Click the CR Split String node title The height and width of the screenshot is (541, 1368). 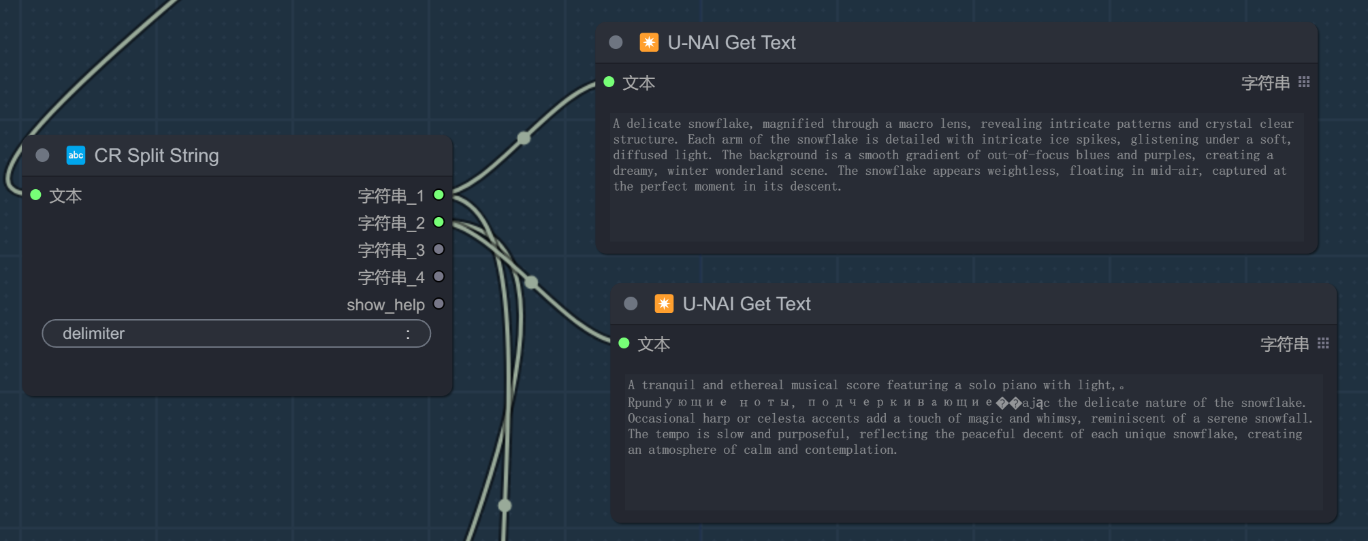click(x=157, y=156)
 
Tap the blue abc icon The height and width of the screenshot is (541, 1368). click(x=76, y=155)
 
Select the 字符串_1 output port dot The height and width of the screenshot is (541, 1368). click(x=439, y=195)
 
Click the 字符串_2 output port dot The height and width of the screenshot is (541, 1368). click(x=439, y=223)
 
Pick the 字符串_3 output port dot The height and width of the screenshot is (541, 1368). click(x=439, y=250)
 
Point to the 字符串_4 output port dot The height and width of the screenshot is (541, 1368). click(x=439, y=277)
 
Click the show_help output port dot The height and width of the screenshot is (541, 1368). click(x=439, y=304)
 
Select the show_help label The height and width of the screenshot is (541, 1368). click(x=385, y=305)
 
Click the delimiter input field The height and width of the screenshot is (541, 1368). click(x=236, y=333)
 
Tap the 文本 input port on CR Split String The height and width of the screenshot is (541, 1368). click(x=36, y=195)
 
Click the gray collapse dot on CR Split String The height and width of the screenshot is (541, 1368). click(x=42, y=155)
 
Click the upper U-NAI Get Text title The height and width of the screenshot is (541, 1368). click(x=732, y=43)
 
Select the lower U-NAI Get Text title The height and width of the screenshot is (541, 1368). click(x=747, y=304)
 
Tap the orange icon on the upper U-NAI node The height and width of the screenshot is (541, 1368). click(x=649, y=42)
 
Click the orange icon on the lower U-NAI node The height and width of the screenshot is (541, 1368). click(x=664, y=304)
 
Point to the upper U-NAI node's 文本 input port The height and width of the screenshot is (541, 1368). click(x=609, y=82)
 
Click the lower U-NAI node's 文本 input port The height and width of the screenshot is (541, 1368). click(x=624, y=344)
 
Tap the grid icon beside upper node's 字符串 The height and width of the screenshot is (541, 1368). click(x=1304, y=82)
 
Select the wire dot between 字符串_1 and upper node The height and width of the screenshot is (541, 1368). click(x=524, y=137)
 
